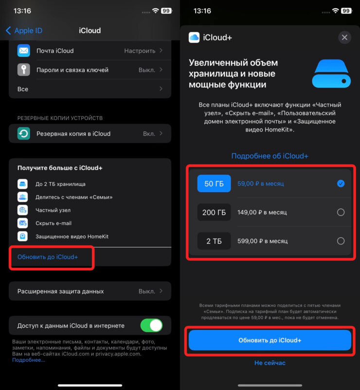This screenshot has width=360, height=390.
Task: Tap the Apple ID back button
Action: [x=24, y=31]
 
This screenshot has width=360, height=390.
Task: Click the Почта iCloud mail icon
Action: [x=24, y=51]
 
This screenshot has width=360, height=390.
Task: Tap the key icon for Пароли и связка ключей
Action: [x=24, y=70]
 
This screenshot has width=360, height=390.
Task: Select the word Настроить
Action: [x=140, y=51]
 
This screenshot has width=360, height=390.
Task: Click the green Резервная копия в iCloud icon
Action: [x=24, y=133]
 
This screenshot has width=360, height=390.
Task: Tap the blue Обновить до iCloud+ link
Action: [x=48, y=257]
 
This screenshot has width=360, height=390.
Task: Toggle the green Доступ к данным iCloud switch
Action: [x=151, y=325]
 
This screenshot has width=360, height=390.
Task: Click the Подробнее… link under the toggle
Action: [x=29, y=360]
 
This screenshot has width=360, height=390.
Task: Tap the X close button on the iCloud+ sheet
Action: [x=344, y=37]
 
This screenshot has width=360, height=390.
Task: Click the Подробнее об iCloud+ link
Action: [x=270, y=156]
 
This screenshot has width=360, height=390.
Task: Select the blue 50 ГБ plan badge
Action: [x=214, y=184]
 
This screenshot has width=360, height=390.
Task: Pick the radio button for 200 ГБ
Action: [x=341, y=212]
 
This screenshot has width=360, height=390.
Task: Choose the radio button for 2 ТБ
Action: [x=341, y=241]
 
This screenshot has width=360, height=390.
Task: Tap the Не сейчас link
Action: [x=270, y=363]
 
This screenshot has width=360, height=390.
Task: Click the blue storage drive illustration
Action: [x=331, y=74]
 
